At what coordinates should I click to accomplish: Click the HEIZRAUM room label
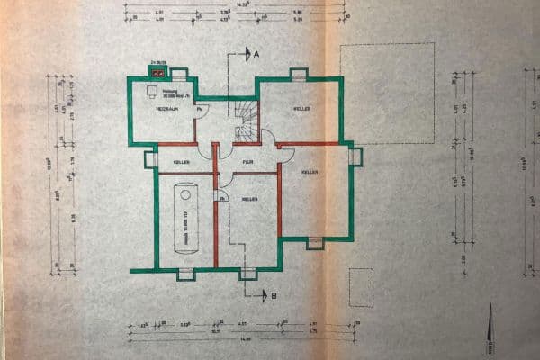coord(165,108)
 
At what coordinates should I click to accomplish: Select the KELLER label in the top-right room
coord(302,109)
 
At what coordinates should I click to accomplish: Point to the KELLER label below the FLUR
coord(249,199)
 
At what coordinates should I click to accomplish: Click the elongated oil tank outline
coord(186,218)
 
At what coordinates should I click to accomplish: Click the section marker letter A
coord(256,55)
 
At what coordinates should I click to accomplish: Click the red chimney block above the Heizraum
coord(157,73)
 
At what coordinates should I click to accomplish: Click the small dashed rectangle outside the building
coord(361,287)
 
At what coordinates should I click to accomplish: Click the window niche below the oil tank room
coord(185,274)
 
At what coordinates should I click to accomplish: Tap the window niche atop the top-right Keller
coord(299,74)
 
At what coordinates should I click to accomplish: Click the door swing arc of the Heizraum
coord(202,111)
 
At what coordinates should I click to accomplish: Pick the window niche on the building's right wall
coord(356,157)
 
